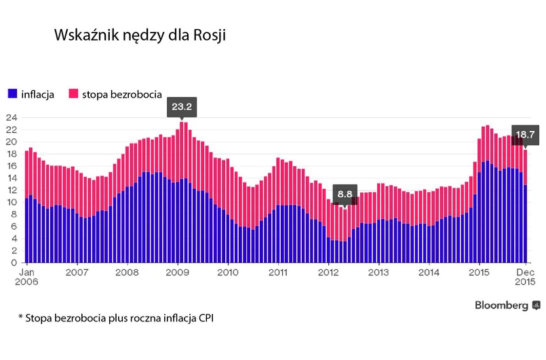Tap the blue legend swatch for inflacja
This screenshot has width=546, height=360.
pos(12,94)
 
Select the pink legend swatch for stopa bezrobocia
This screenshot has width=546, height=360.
pos(73,94)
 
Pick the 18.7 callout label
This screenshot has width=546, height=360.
pos(526,134)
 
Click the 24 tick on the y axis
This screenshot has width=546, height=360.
pos(11,117)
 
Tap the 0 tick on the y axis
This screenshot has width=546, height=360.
pos(14,262)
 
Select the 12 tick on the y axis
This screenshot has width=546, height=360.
pos(11,190)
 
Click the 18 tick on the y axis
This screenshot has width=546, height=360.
pos(11,154)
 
